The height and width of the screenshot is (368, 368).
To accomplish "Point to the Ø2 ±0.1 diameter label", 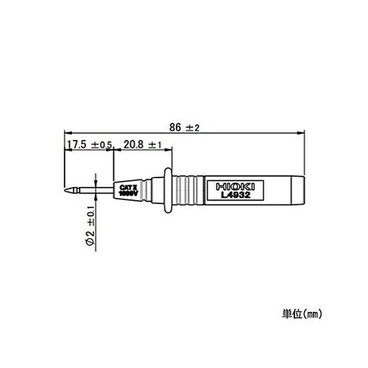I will [89, 225].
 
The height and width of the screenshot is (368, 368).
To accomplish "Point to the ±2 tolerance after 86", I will [194, 127].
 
